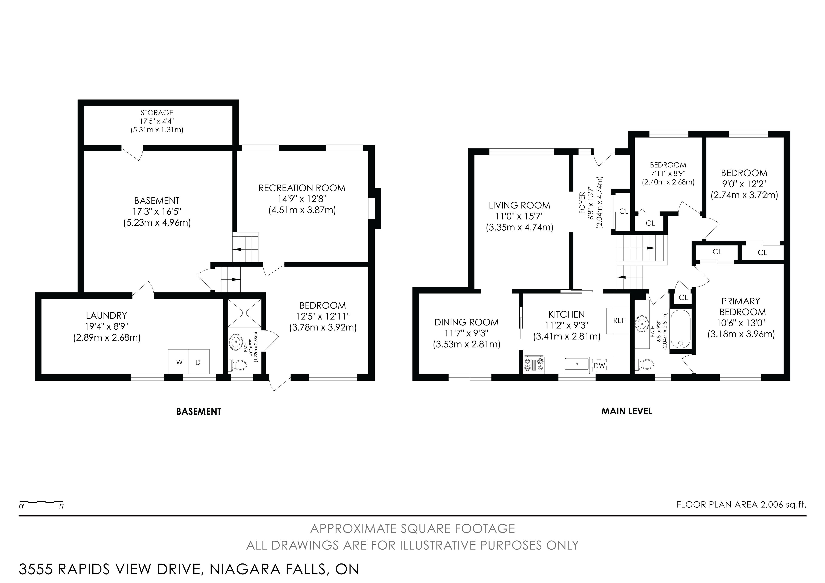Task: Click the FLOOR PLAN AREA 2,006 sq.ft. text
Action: tap(741, 505)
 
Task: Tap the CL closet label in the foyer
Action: tap(624, 212)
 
